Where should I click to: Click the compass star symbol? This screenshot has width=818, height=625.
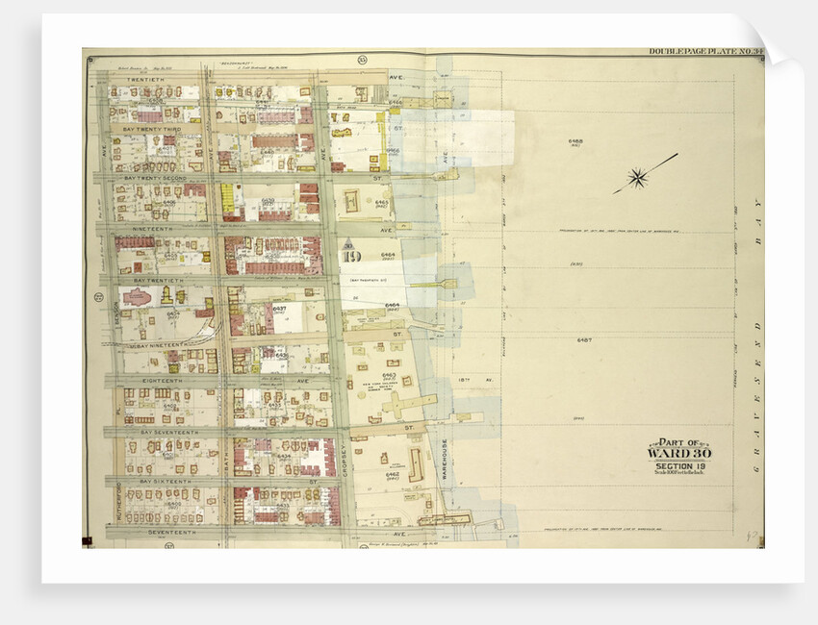click(x=636, y=177)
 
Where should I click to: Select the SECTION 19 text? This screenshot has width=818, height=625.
click(x=680, y=466)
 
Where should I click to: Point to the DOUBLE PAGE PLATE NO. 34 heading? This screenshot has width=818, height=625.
click(x=702, y=52)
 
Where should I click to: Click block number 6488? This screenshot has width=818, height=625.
click(x=575, y=141)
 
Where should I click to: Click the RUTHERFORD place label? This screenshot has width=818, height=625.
click(x=118, y=499)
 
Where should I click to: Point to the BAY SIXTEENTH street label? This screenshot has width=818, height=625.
click(x=162, y=480)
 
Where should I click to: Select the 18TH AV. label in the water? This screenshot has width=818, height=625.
click(x=469, y=381)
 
